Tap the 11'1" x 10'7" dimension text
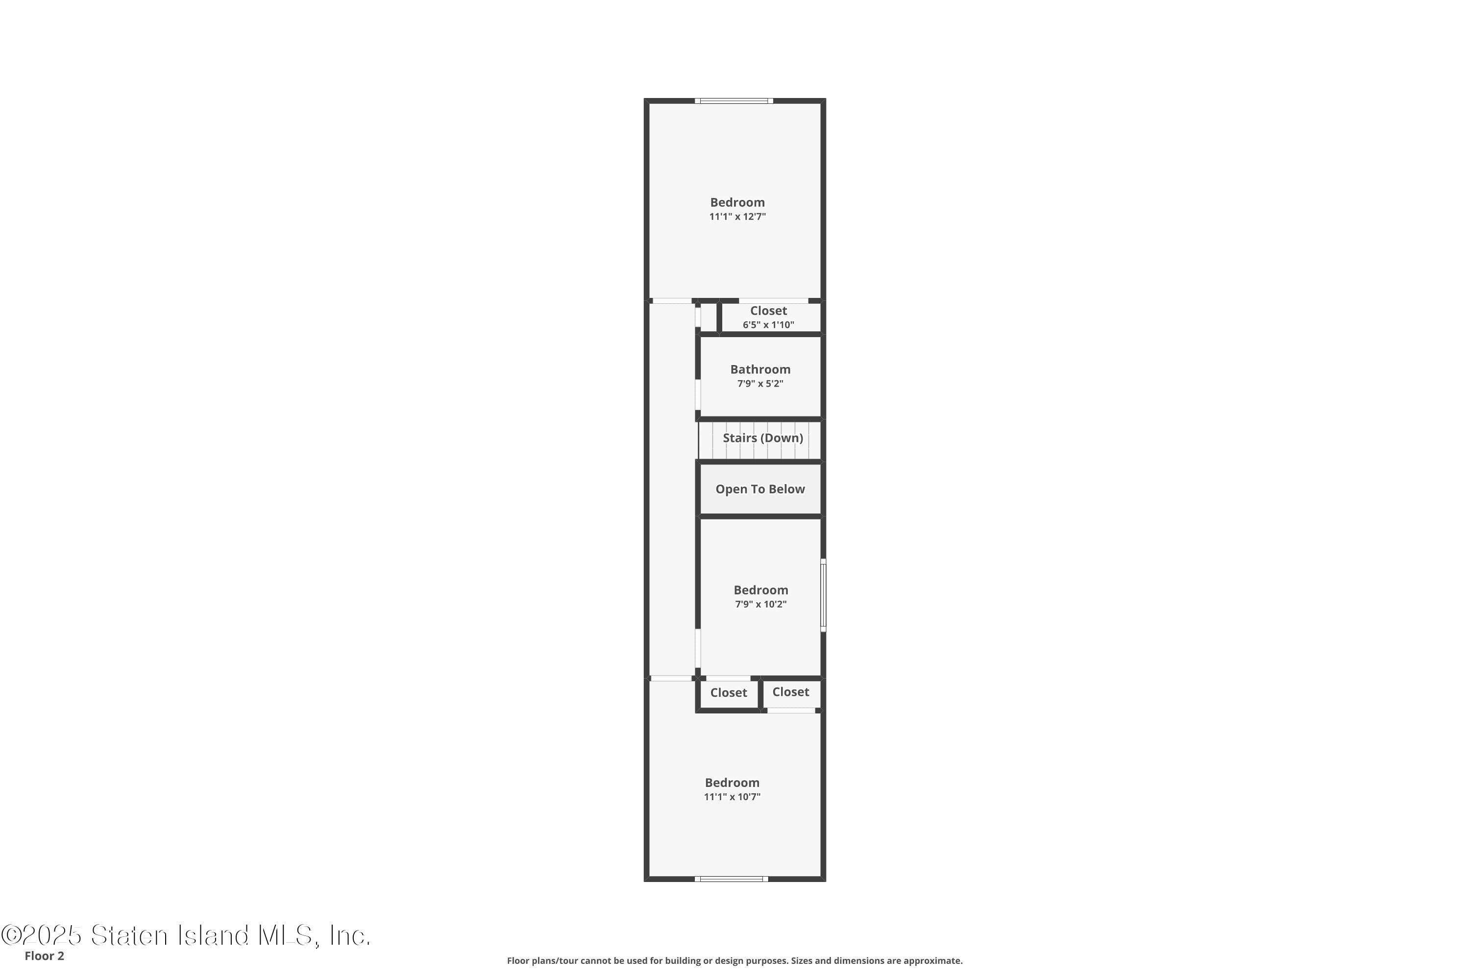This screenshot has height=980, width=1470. [732, 797]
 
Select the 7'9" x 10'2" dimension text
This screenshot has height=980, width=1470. [760, 604]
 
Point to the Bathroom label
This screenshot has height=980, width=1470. [760, 369]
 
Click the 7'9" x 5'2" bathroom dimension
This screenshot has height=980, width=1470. [760, 384]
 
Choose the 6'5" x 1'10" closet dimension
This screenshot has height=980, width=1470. [768, 325]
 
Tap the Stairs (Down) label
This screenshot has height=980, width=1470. [762, 438]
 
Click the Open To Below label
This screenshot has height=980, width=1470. [760, 490]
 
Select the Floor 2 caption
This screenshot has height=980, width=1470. [45, 955]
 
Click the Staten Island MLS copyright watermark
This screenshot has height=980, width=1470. [186, 935]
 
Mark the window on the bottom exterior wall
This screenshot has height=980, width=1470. [731, 879]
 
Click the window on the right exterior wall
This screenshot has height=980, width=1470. [823, 595]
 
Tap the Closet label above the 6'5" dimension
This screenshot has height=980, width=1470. [768, 311]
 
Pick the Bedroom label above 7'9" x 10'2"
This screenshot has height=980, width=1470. [760, 590]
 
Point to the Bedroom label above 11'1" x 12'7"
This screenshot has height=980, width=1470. [737, 202]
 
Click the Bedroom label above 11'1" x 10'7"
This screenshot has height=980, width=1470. [732, 783]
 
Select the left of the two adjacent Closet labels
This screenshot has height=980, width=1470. [728, 692]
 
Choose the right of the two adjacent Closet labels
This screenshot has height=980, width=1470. [791, 692]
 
